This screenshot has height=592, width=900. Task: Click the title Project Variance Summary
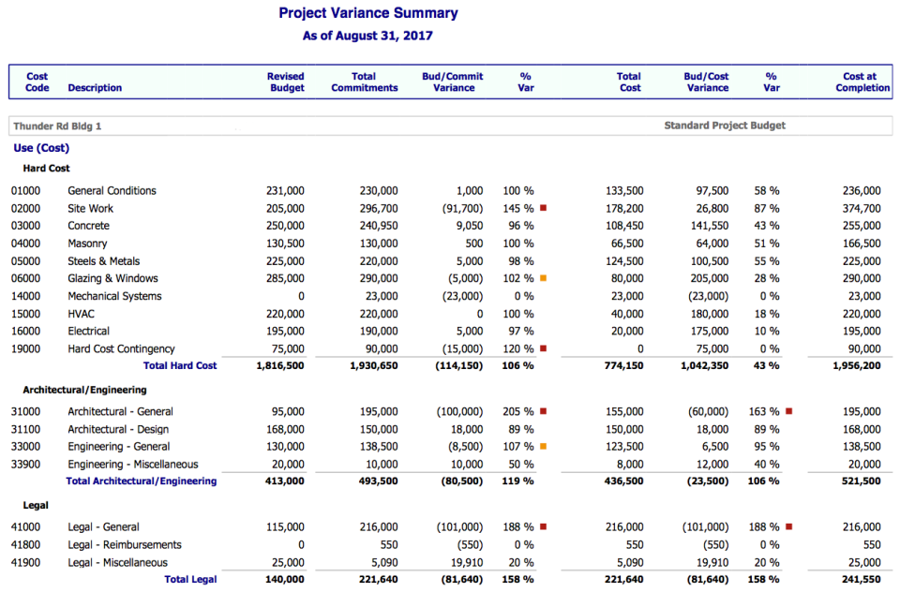point(368,13)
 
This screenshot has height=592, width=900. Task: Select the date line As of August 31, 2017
point(367,37)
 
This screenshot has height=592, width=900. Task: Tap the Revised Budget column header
point(285,82)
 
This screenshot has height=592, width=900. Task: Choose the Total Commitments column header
point(364,82)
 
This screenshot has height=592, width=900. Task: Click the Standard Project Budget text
point(725,126)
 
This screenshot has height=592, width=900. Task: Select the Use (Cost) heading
point(41,148)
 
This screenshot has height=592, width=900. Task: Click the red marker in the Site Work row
point(543,208)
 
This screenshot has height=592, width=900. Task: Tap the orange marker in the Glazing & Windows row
point(543,278)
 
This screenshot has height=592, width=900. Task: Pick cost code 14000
point(27,296)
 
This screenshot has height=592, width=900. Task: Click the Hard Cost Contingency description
point(121,349)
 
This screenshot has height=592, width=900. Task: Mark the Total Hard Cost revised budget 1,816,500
point(279,366)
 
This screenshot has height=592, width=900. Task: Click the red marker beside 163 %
point(788,411)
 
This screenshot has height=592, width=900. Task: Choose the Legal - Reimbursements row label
point(125,545)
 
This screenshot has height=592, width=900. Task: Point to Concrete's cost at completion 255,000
point(862,226)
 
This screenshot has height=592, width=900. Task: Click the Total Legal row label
point(190,580)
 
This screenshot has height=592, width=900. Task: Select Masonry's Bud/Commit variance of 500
point(473,244)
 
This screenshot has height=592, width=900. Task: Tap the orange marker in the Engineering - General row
point(543,447)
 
